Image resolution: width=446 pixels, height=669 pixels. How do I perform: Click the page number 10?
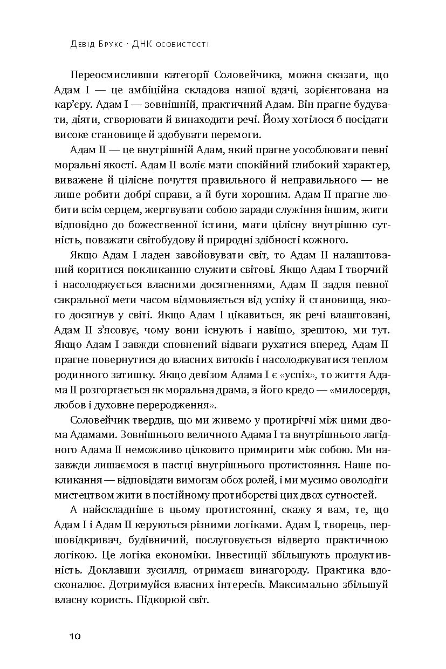(x=74, y=637)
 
